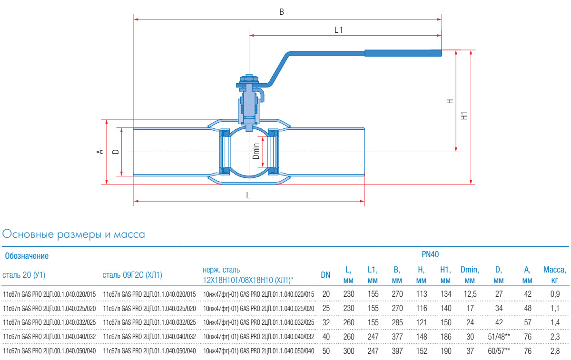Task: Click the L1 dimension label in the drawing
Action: pos(338,29)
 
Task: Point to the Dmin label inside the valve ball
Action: pos(256,151)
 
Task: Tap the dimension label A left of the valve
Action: pos(100,152)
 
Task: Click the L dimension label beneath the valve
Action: pos(248,195)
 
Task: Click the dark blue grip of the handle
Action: pos(403,53)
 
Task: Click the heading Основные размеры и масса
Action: pos(74,234)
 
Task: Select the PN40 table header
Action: pos(430,255)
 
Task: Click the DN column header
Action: pos(325,275)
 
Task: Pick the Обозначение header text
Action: pos(27,256)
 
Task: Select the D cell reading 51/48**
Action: pos(498,337)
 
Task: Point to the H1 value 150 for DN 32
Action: pos(445,323)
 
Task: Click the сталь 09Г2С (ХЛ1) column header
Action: pos(132,275)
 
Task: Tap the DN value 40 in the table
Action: pos(325,337)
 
